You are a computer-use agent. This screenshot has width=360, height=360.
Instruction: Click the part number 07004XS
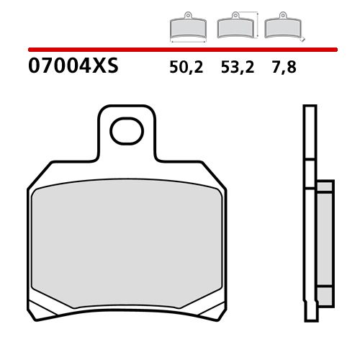[x=73, y=68]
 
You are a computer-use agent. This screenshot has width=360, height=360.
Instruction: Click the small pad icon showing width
[x=187, y=27]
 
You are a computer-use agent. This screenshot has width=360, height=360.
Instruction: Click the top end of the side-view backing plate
[x=310, y=107]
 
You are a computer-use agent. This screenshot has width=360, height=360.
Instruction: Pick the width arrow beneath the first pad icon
[x=187, y=40]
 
